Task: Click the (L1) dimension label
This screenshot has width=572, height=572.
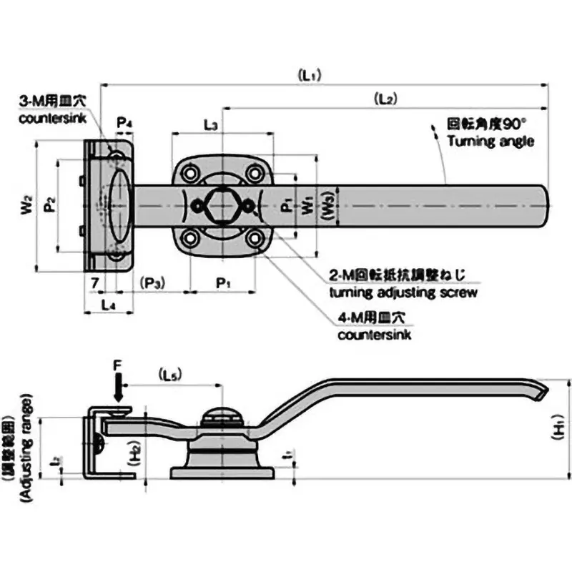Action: (309, 74)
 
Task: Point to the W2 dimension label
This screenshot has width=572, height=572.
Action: (26, 207)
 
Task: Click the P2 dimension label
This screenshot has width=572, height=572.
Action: (49, 206)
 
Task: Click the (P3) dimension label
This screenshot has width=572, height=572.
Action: (153, 282)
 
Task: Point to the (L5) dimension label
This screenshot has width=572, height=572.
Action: (171, 374)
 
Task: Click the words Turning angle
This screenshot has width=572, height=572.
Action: (490, 142)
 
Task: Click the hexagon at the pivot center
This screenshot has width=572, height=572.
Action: (222, 206)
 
